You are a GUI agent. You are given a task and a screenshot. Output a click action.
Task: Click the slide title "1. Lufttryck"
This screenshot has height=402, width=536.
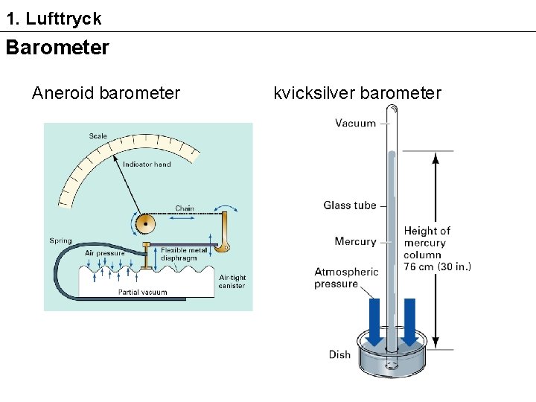point(54,19)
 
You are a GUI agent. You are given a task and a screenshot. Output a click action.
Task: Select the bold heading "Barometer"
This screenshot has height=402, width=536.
point(57,48)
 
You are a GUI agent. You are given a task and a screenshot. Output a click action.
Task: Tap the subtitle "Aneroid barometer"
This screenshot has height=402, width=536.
point(106,93)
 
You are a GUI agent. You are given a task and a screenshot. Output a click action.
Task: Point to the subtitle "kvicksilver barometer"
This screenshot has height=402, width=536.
point(357,93)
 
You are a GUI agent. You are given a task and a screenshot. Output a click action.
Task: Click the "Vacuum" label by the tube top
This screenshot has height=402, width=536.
point(355,123)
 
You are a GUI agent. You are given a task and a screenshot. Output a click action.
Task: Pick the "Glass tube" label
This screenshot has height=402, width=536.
point(349,205)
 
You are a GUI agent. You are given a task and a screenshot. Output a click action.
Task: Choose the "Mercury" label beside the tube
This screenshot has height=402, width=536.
point(355,241)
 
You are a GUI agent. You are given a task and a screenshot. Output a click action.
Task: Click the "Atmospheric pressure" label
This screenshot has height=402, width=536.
point(346,278)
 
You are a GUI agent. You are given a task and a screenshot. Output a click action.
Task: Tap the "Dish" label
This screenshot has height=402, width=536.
point(339,354)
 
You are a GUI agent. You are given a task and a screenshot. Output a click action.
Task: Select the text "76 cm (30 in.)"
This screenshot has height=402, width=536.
point(437,267)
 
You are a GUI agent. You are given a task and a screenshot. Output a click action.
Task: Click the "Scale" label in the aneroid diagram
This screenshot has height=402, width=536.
point(98,135)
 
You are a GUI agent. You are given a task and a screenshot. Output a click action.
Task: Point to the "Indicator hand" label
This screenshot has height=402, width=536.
point(147,164)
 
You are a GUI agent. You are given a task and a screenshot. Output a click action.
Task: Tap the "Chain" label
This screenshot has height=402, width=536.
point(185,208)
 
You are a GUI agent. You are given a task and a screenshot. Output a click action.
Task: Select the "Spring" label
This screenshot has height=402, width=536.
point(60,240)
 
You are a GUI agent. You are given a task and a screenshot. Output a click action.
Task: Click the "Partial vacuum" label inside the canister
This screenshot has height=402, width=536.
point(142,292)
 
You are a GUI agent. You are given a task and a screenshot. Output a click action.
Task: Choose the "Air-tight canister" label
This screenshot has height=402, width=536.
point(232,281)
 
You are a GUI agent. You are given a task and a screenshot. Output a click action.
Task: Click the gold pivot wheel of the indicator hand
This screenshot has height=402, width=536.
point(146,223)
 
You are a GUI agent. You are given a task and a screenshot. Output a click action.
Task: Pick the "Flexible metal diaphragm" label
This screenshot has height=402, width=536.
point(184,254)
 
